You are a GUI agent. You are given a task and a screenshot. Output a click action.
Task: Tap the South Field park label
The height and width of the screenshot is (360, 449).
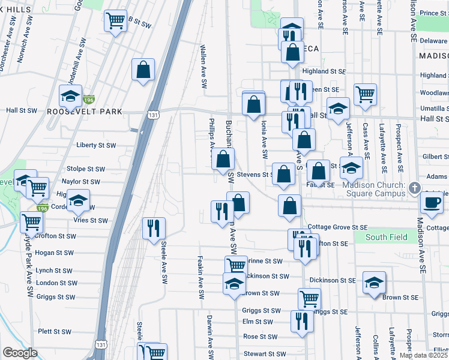[386, 237]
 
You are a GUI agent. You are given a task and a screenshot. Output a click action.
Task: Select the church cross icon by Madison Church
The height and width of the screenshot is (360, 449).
[414, 189]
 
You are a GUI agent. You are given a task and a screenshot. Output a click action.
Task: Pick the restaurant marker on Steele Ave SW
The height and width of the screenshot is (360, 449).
[154, 227]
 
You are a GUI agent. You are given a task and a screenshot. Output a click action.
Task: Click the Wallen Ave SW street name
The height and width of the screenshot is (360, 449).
[204, 59]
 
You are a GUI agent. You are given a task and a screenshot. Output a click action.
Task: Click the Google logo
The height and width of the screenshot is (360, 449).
[20, 353]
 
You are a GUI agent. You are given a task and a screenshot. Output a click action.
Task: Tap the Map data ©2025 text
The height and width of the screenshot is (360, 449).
[422, 355]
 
